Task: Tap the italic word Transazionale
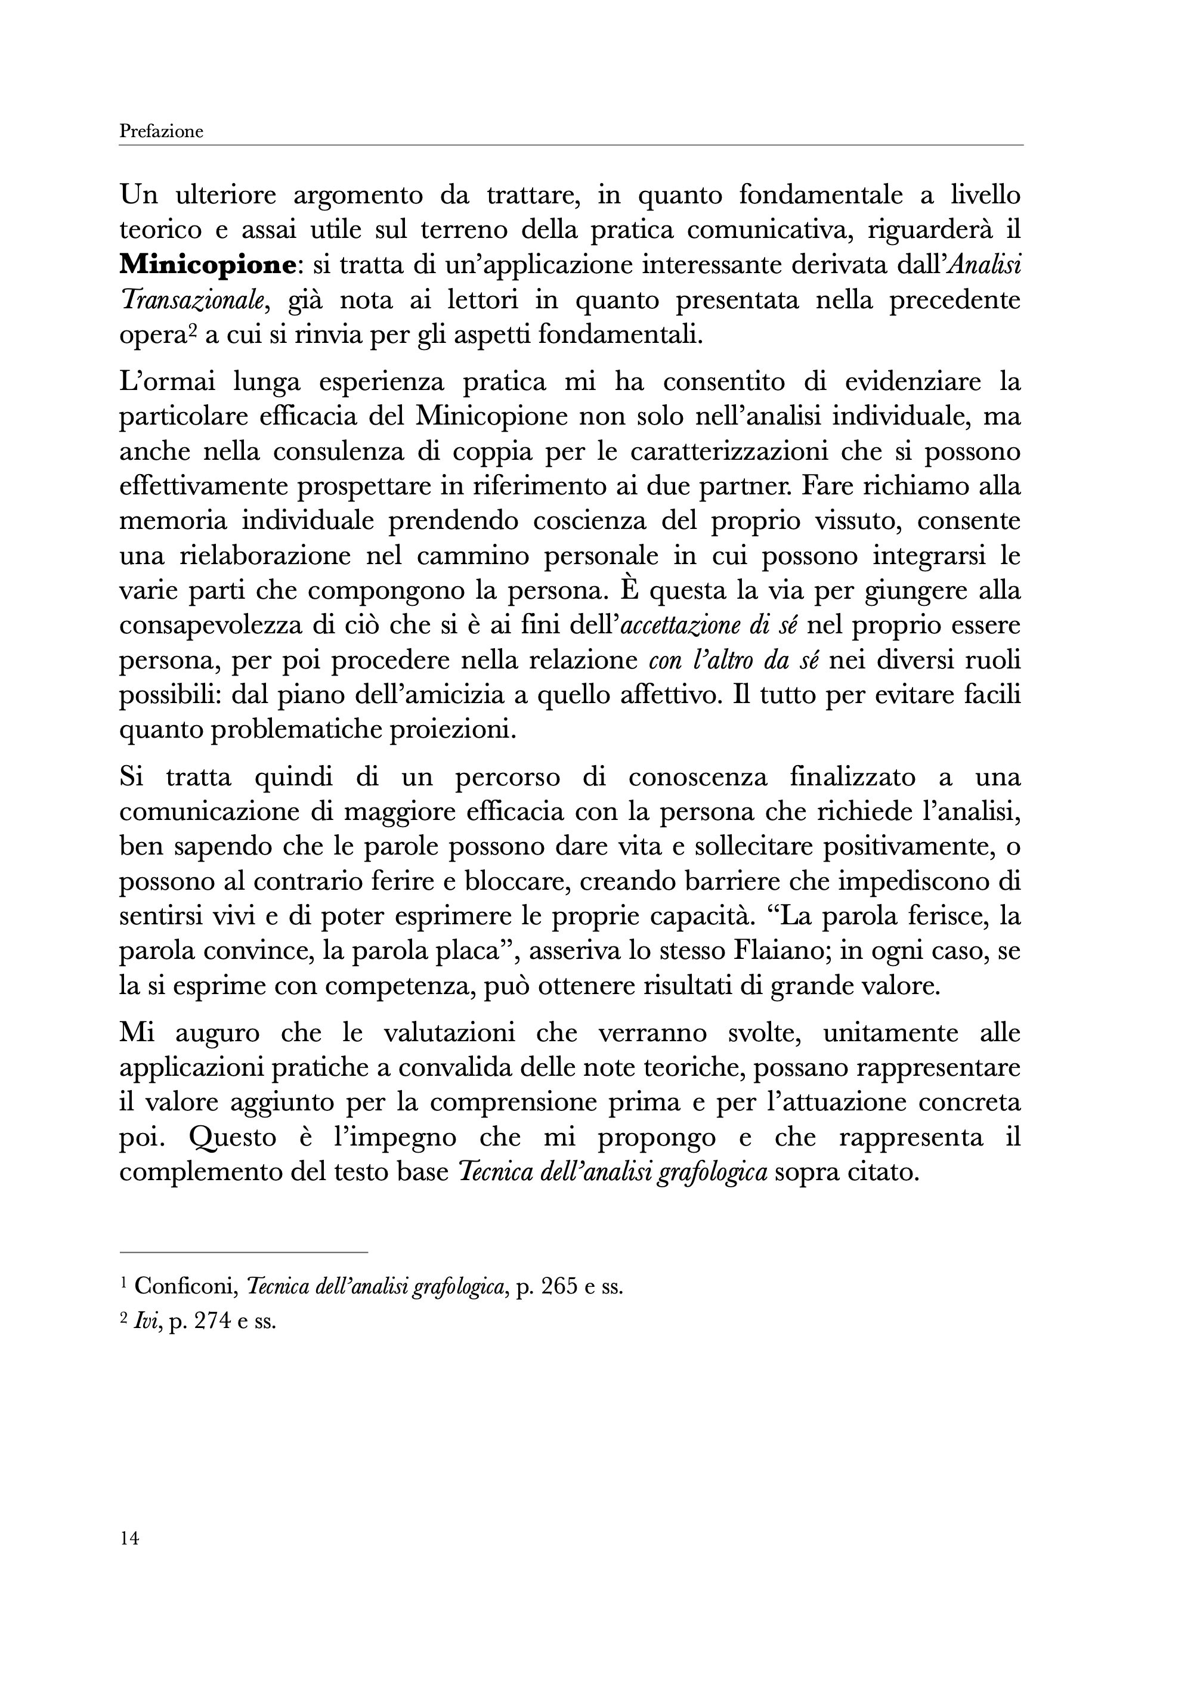tap(193, 301)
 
